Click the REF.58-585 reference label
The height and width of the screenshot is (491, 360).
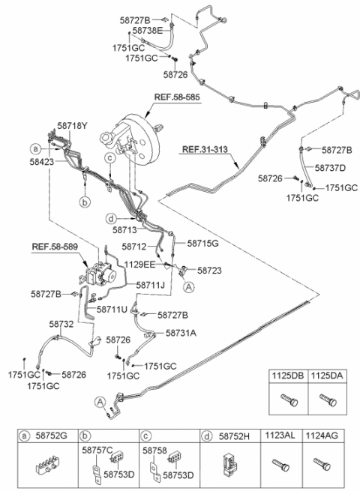pos(177,97)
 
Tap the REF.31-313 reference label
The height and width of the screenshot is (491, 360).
pos(205,149)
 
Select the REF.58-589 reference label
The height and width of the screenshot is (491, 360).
pos(55,247)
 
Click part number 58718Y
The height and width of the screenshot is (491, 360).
pos(72,126)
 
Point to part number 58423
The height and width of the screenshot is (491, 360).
pos(42,162)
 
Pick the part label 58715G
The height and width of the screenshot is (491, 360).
pos(202,244)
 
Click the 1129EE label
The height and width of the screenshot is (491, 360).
pos(139,265)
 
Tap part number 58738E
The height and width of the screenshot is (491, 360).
pos(148,31)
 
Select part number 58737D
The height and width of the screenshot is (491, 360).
pos(330,168)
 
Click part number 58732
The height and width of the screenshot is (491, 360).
pos(61,324)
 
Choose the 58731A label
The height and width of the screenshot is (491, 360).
pos(181,333)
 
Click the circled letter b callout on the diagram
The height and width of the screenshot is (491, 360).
pos(85,202)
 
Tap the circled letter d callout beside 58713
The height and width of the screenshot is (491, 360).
pos(111,219)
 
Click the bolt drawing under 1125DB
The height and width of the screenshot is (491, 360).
pos(289,400)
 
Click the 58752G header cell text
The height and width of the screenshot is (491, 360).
pos(52,436)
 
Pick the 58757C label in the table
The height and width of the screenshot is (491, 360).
pos(97,451)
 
